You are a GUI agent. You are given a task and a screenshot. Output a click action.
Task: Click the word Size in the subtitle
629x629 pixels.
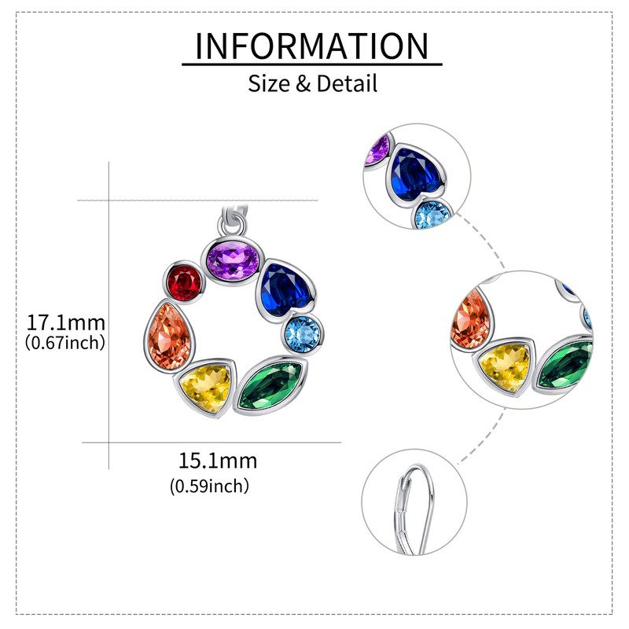click(269, 83)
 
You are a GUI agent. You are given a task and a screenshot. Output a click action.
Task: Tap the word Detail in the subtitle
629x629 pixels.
click(347, 83)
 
